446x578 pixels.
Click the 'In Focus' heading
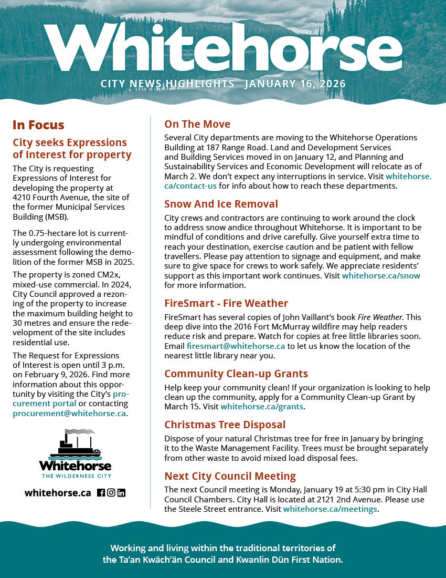pos(38,125)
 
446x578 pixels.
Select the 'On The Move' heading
pos(197,124)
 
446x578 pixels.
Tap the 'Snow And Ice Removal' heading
pos(221,204)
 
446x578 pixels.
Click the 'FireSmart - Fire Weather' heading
pos(226,303)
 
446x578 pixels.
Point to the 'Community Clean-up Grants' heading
pos(236,374)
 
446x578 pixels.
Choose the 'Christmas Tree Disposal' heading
pos(225,425)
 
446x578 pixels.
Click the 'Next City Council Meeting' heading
pos(230,476)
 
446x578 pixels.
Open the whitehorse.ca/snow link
pos(381,275)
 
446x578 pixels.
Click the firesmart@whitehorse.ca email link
pos(236,346)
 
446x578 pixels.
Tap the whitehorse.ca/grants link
pos(262,407)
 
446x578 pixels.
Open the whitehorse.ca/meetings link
pos(330,509)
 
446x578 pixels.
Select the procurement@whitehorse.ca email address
pos(69,414)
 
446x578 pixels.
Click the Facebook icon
pos(101,493)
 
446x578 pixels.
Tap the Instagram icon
pos(111,493)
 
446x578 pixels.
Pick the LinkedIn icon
pos(121,493)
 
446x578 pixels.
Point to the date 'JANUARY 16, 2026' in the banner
pos(295,84)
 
